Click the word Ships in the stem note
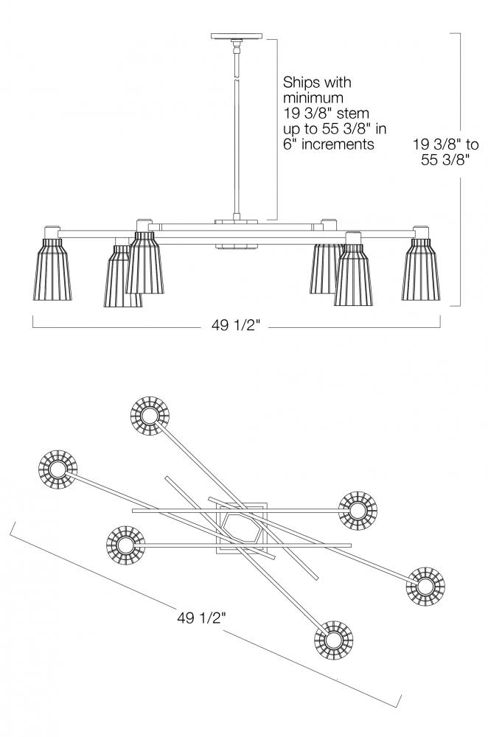pyautogui.click(x=301, y=80)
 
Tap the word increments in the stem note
pyautogui.click(x=341, y=144)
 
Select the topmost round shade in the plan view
pyautogui.click(x=150, y=417)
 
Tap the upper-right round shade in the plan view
pyautogui.click(x=358, y=510)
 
